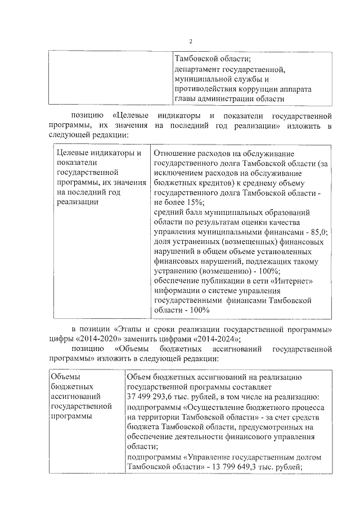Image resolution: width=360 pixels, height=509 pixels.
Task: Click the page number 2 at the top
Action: [x=190, y=42]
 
